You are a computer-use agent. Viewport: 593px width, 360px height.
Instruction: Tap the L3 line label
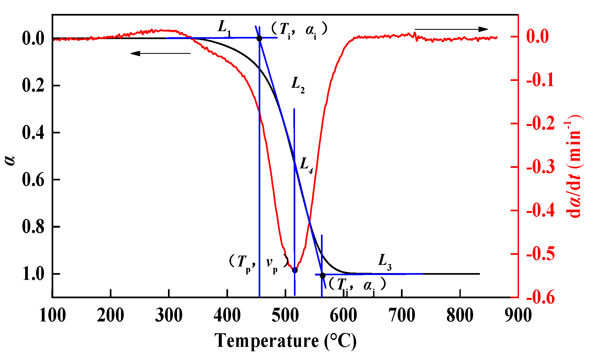[x=385, y=262]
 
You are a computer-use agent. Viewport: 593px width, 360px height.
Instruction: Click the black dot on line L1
[x=259, y=38]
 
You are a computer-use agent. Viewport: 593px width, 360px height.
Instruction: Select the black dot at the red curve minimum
[x=295, y=270]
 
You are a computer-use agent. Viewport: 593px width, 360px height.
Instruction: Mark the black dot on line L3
[x=323, y=276]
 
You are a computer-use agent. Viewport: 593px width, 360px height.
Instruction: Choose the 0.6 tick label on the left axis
[x=33, y=180]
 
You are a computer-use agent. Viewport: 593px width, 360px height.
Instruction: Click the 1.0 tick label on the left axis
[x=33, y=274]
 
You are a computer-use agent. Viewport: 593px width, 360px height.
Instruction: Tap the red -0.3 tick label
[x=540, y=167]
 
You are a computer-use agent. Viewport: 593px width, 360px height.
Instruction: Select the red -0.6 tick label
[x=540, y=297]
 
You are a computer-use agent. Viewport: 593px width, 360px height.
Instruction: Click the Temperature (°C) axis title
[x=285, y=341]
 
